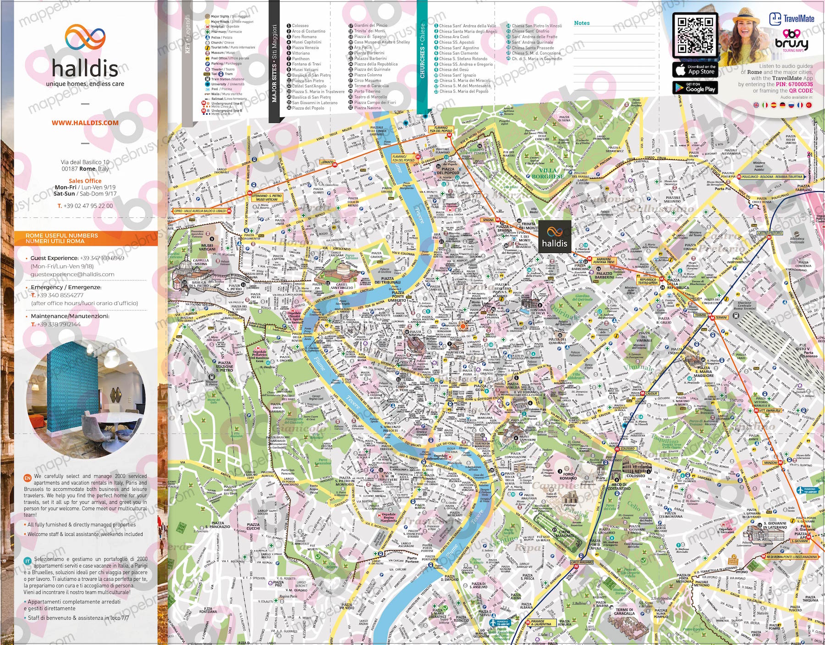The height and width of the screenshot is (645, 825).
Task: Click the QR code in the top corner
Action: pos(694,35)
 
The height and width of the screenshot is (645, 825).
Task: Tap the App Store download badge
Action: pos(694,69)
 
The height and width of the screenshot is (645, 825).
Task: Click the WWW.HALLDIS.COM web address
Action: pos(85,123)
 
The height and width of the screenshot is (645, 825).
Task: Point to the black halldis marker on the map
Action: pos(555,237)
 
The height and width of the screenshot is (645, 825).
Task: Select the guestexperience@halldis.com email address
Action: pos(72,274)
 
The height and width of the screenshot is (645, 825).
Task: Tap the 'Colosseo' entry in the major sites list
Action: pos(300,26)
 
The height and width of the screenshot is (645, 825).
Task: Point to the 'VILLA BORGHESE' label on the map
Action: pos(548,173)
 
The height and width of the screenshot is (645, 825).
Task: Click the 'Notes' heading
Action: pos(582,23)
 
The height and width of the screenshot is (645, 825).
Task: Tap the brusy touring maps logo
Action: pos(792,41)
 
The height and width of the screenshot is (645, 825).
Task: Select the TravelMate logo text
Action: pos(798,19)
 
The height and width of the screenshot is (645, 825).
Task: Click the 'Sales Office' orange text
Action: pos(85,181)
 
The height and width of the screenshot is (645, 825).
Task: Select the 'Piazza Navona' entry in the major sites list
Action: pos(367,108)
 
